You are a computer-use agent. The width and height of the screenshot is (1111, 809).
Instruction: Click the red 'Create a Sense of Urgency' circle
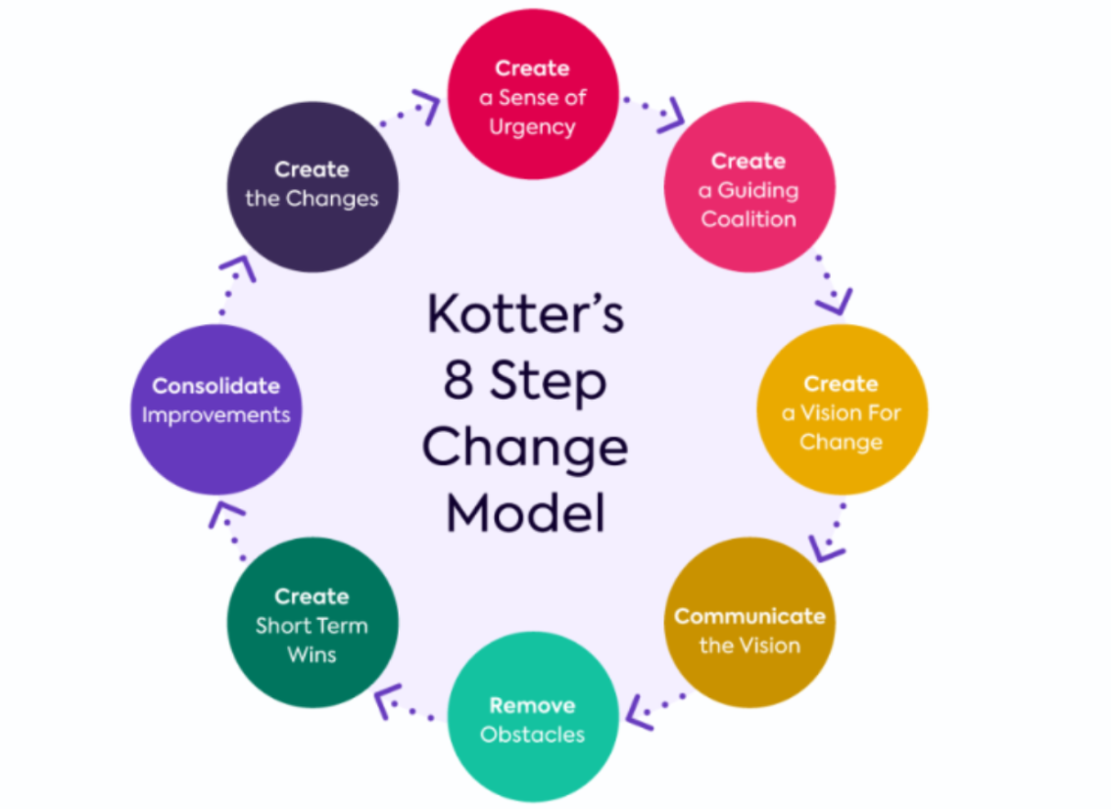[533, 94]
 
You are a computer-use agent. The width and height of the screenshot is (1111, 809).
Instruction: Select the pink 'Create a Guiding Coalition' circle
[749, 187]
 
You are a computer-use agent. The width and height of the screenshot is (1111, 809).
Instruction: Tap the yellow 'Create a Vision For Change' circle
[842, 409]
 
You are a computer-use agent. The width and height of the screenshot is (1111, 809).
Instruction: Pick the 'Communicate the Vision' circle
[749, 623]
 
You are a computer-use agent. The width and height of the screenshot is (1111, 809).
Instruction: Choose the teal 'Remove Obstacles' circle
[533, 717]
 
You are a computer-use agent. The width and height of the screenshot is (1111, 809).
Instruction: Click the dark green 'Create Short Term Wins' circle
[313, 623]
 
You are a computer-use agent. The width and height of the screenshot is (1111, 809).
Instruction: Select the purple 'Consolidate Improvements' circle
[217, 409]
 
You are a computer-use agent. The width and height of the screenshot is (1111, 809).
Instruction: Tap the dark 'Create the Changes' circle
[313, 187]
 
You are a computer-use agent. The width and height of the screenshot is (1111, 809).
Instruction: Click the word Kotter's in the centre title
[526, 312]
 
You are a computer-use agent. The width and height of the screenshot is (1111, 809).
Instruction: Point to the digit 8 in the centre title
[458, 379]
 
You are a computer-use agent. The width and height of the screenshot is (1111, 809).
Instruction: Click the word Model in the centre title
[526, 512]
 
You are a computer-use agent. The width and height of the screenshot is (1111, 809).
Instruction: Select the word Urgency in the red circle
[532, 127]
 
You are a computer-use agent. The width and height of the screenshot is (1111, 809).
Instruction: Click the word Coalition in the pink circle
[749, 218]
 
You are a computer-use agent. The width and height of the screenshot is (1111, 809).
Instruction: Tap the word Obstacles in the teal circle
[533, 735]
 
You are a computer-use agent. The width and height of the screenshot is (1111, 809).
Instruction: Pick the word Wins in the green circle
[312, 654]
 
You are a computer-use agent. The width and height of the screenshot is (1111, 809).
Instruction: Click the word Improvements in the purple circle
[217, 415]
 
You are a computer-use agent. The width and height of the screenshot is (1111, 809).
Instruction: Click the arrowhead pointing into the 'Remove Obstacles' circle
[639, 713]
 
